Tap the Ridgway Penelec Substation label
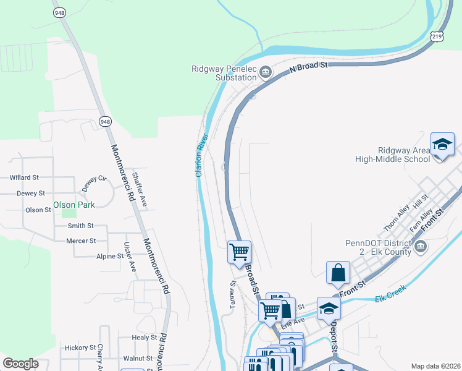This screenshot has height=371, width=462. pyautogui.click(x=224, y=73)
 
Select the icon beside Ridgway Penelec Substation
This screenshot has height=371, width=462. pyautogui.click(x=266, y=73)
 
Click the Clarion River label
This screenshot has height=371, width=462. pyautogui.click(x=202, y=155)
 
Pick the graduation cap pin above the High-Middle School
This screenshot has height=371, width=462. pyautogui.click(x=442, y=145)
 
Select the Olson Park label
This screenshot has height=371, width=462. pyautogui.click(x=73, y=205)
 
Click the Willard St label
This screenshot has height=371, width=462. pyautogui.click(x=24, y=177)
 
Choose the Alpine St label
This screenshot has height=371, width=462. pyautogui.click(x=110, y=256)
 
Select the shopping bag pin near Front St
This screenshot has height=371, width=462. pyautogui.click(x=338, y=273)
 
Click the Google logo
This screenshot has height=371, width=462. pyautogui.click(x=20, y=364)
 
